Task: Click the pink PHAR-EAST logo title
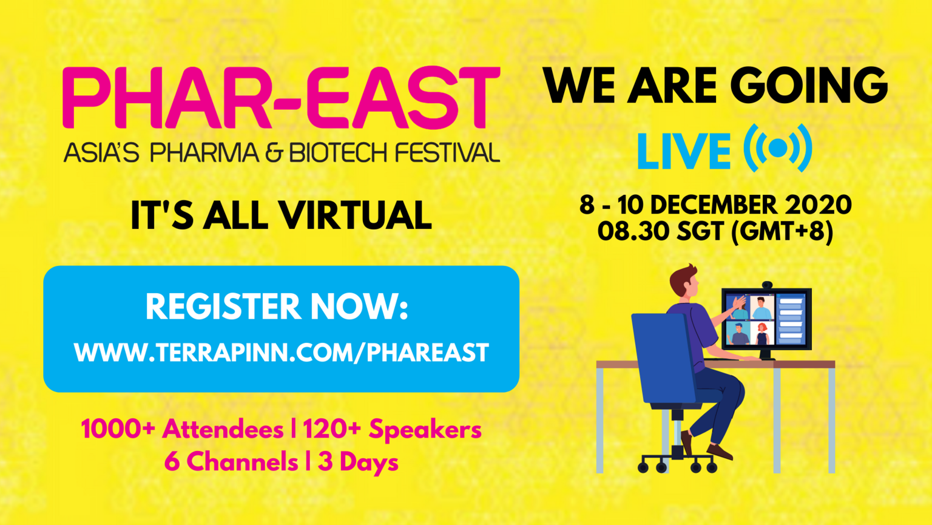282,98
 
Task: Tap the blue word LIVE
684,151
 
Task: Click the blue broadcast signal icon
778,148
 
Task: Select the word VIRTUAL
356,215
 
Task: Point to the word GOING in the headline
809,86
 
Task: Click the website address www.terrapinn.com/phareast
282,353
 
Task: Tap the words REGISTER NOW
277,307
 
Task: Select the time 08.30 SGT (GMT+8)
715,231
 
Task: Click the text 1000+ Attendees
182,429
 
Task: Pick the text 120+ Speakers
392,430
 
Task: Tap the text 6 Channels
231,461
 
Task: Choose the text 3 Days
358,462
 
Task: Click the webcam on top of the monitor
767,285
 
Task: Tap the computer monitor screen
766,319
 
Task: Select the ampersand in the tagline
274,152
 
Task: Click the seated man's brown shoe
719,452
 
